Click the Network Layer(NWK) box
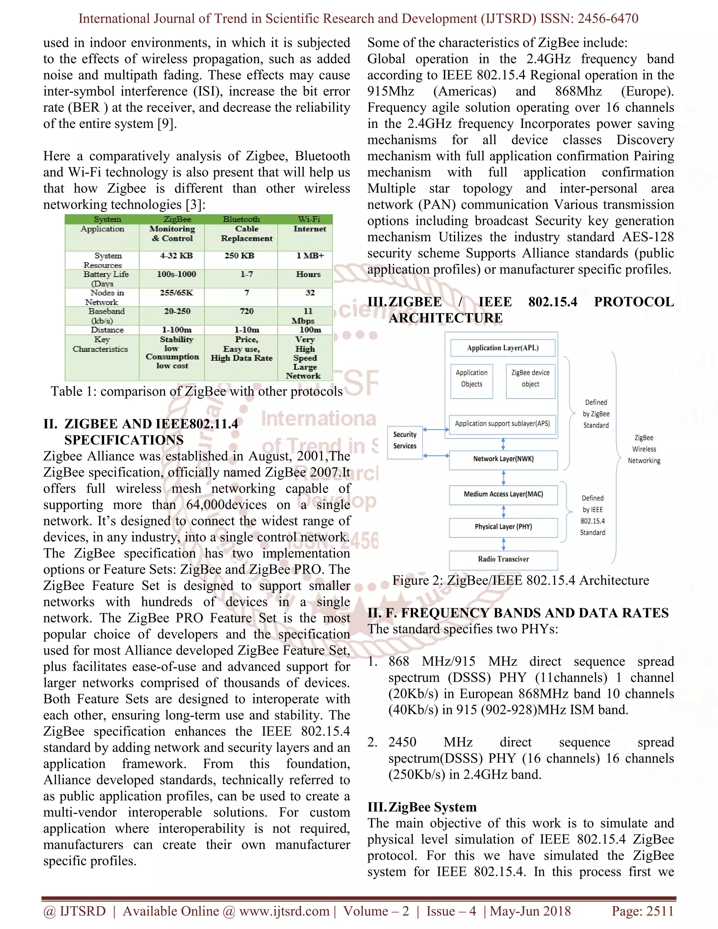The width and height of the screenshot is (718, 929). pos(503,459)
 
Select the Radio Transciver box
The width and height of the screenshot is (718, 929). pos(503,560)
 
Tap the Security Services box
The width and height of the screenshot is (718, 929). pos(405,441)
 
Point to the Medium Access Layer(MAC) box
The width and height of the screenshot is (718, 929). pos(503,494)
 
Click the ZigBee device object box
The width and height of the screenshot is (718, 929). pos(530,379)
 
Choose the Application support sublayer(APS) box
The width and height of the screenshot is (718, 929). pos(502,424)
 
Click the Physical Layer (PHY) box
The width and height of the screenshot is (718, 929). pos(503,527)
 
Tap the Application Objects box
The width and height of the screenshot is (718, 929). pos(471,379)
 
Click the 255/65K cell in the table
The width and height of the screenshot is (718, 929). pos(177,293)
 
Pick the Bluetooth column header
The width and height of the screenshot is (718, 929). pos(241,219)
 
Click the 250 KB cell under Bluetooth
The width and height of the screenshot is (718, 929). pos(239,256)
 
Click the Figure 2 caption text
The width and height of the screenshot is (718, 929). pos(521,581)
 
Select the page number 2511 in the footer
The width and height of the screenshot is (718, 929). pos(659,911)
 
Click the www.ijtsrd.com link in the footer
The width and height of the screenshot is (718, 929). pos(284,911)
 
